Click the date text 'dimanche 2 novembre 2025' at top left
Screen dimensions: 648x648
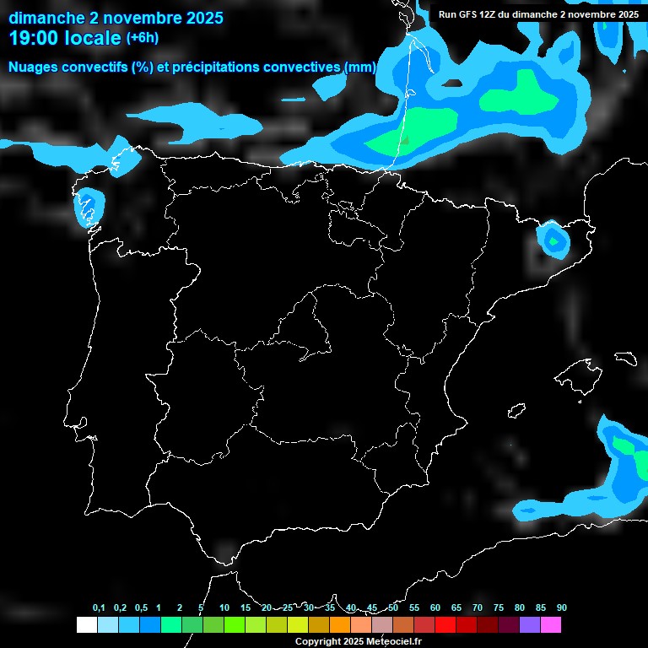(x=116, y=18)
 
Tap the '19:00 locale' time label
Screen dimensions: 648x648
(x=65, y=38)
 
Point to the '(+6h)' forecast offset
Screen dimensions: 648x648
(x=142, y=38)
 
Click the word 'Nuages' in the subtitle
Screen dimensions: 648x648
(x=32, y=67)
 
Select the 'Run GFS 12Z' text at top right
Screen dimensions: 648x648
(x=469, y=14)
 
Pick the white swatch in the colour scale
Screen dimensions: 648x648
(x=86, y=625)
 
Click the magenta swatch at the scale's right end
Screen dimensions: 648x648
(x=551, y=625)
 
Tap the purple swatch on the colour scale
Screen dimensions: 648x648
(x=530, y=625)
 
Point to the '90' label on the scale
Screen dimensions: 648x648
(x=562, y=608)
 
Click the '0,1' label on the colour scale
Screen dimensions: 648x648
(x=99, y=608)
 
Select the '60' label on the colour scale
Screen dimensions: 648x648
(x=435, y=608)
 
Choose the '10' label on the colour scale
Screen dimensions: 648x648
(x=224, y=608)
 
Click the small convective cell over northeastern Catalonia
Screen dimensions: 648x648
(x=553, y=240)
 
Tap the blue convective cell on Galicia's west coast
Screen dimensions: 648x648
(x=88, y=208)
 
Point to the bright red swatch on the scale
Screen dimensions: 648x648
(x=445, y=625)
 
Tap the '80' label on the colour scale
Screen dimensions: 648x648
(x=520, y=608)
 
